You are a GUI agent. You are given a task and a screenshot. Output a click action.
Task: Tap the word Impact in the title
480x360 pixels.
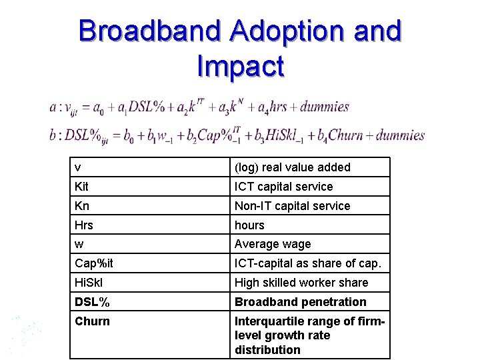[241, 66]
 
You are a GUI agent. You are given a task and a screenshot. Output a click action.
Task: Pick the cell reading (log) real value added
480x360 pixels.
[292, 167]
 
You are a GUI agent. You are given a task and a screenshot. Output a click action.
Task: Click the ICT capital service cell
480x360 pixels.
[283, 187]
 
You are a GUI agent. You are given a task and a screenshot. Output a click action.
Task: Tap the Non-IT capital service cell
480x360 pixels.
[292, 206]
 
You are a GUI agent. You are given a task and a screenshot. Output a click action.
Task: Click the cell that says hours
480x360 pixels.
[249, 225]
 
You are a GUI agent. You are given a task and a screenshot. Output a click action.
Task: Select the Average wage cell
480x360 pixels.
[273, 245]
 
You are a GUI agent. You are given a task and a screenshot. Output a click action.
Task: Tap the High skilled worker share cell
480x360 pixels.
[301, 283]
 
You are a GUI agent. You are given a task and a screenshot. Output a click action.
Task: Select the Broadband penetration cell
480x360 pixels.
[301, 302]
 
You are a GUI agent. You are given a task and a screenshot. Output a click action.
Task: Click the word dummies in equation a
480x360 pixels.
[325, 107]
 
